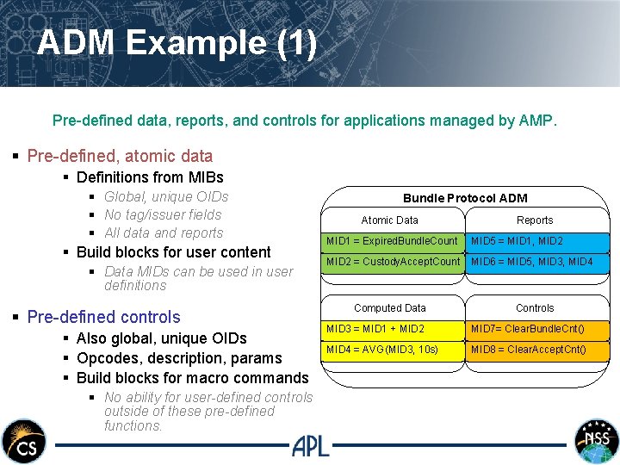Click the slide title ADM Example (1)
click(x=177, y=43)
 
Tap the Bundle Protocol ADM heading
click(x=465, y=198)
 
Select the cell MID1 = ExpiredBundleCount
click(x=393, y=241)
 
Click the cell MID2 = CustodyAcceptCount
click(x=393, y=262)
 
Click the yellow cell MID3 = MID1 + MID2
click(x=393, y=329)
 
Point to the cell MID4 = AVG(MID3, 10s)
click(x=393, y=350)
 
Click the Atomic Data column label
click(x=389, y=220)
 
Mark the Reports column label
click(x=535, y=220)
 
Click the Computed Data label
click(x=390, y=307)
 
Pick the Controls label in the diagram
click(x=535, y=307)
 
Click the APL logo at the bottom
click(x=310, y=445)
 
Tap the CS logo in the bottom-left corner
click(x=23, y=441)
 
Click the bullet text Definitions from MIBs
click(x=150, y=177)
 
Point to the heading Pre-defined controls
click(x=103, y=317)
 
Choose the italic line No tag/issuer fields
click(x=163, y=215)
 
